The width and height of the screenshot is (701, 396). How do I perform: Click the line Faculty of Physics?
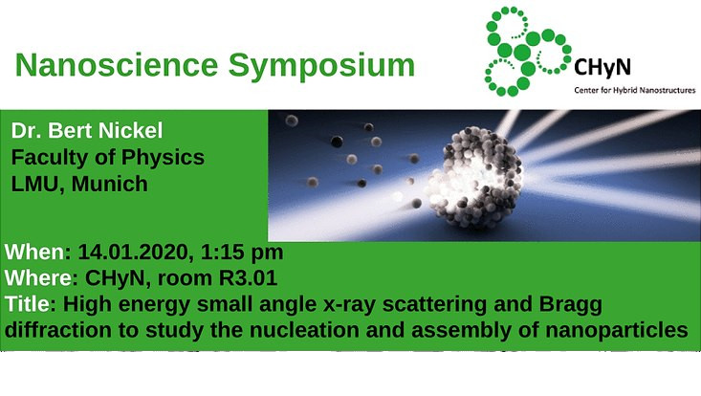[x=107, y=157]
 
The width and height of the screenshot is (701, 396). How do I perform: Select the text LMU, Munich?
[x=79, y=184]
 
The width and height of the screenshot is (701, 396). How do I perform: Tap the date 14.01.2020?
[x=130, y=253]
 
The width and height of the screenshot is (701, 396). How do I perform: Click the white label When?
[x=33, y=253]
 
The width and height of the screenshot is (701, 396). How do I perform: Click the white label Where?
[x=37, y=279]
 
